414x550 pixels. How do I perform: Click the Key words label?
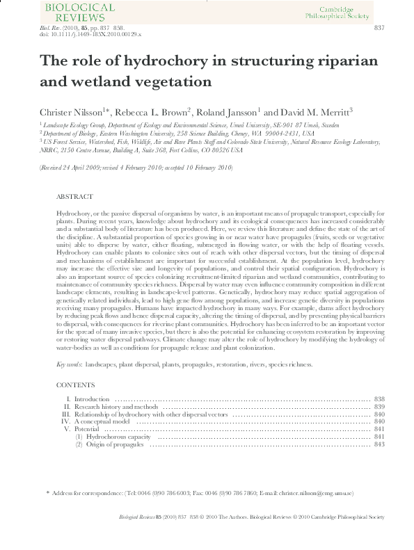[70, 364]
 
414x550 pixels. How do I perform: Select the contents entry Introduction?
[92, 399]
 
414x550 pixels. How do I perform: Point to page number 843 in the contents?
[379, 444]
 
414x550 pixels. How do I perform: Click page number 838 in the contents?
[379, 399]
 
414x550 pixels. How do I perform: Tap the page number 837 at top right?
[379, 27]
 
